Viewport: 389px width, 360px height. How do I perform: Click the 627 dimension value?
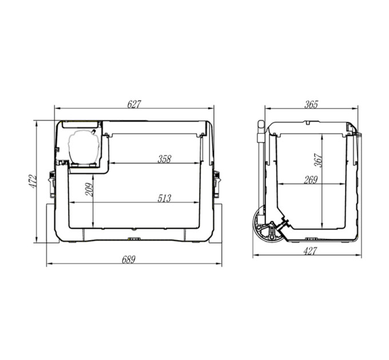pyautogui.click(x=134, y=105)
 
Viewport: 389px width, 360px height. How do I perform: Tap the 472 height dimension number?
pyautogui.click(x=33, y=182)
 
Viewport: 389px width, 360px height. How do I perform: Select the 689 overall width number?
pyautogui.click(x=129, y=259)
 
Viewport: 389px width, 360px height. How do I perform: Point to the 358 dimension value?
pyautogui.click(x=165, y=159)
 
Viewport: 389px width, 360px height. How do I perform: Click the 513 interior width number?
pyautogui.click(x=165, y=198)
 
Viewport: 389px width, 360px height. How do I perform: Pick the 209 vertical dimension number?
pyautogui.click(x=89, y=190)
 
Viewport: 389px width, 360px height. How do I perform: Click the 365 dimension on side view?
pyautogui.click(x=311, y=105)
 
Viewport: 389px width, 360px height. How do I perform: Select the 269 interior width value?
pyautogui.click(x=311, y=180)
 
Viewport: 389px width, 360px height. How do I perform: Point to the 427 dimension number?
pyautogui.click(x=310, y=251)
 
